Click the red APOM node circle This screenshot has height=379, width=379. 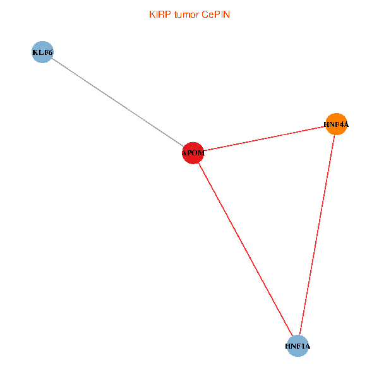193,153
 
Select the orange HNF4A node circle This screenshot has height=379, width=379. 336,124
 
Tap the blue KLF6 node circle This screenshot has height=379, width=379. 42,52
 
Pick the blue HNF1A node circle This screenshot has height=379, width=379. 298,346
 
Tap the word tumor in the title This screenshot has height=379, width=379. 186,14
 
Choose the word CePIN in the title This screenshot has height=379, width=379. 216,14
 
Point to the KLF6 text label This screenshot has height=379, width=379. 42,52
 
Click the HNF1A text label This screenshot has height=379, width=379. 298,347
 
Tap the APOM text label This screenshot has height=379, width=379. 193,153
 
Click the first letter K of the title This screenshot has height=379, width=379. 152,14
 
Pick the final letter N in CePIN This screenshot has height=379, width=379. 227,14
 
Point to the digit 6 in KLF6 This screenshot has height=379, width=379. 50,52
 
